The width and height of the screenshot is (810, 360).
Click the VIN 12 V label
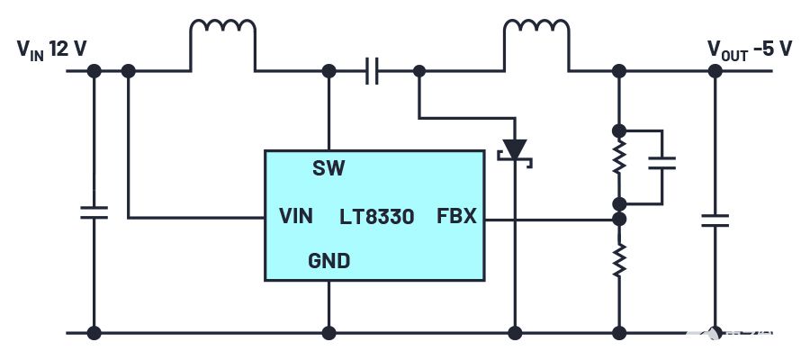(x=51, y=49)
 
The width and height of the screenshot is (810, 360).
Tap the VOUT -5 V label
(x=749, y=49)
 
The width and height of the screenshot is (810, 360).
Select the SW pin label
(x=328, y=167)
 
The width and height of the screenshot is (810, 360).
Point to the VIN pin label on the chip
(x=296, y=216)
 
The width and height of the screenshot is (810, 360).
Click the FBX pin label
(x=456, y=216)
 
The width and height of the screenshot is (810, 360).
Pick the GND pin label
(x=329, y=262)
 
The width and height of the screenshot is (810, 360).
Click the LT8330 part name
(x=377, y=216)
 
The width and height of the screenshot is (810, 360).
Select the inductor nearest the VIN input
(x=222, y=36)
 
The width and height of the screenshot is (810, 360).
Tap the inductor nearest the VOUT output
(x=536, y=36)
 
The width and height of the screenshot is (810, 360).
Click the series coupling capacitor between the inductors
(x=373, y=70)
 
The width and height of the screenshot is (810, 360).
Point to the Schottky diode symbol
(x=515, y=149)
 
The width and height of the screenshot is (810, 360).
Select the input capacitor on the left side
(x=93, y=212)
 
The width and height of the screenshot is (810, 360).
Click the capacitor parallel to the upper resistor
(x=662, y=163)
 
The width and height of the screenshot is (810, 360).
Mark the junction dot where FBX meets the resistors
(x=619, y=218)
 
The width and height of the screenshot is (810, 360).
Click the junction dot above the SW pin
(x=329, y=70)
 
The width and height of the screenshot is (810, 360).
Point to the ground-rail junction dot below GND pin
(x=329, y=333)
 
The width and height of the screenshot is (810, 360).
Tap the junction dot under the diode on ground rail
(x=515, y=333)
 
